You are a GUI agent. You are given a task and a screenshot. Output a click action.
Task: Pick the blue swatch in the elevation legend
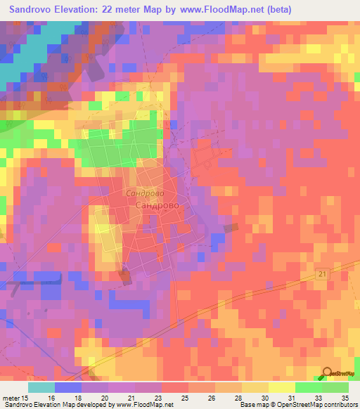point(67,387)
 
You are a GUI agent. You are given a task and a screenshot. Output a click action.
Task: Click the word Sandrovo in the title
point(34,10)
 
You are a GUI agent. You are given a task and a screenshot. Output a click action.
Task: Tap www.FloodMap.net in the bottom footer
point(145,405)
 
